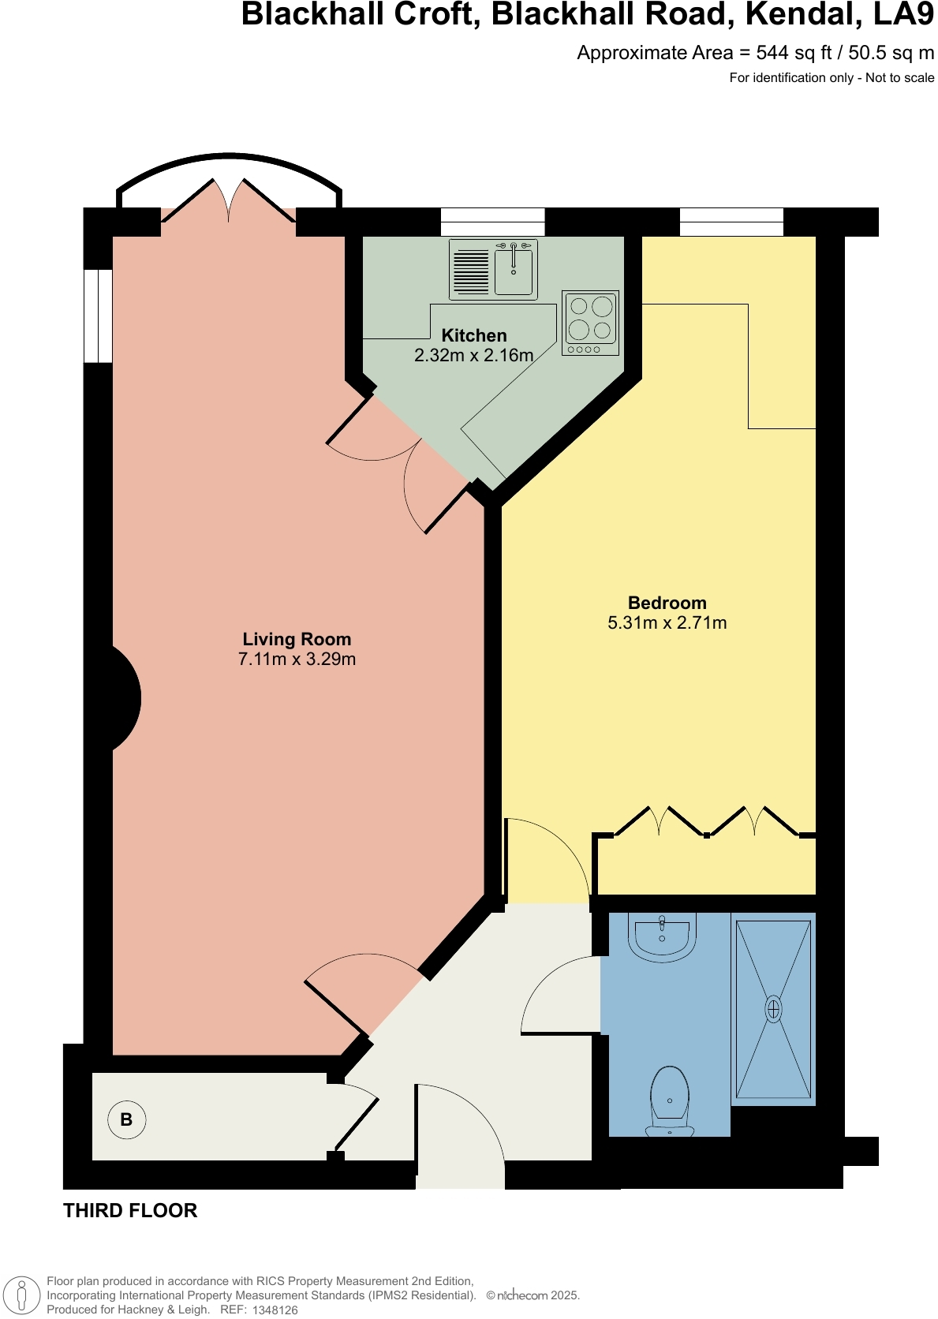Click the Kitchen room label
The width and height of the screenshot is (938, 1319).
coord(473,335)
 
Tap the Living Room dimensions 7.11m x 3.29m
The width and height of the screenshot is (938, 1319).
coord(297,659)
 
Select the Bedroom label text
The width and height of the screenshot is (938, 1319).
coord(667,603)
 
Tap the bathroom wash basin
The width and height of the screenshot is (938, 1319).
coord(662,935)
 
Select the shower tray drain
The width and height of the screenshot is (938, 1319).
coord(773,1009)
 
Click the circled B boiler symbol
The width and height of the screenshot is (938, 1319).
coord(126,1119)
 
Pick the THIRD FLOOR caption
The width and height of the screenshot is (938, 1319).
coord(130,1210)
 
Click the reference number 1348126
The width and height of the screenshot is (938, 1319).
coord(275,1310)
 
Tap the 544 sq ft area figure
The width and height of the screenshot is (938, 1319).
coord(794,53)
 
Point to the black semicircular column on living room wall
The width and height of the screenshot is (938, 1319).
coord(125,698)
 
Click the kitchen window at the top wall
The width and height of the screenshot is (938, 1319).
coord(492,222)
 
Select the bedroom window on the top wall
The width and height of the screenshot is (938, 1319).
coord(731,222)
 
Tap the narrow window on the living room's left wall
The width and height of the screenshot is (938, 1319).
coord(98,316)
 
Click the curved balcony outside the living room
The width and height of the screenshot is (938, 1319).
coord(230,170)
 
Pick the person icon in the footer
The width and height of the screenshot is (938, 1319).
coord(22,1295)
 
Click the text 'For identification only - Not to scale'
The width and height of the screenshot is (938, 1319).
coord(831,77)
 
